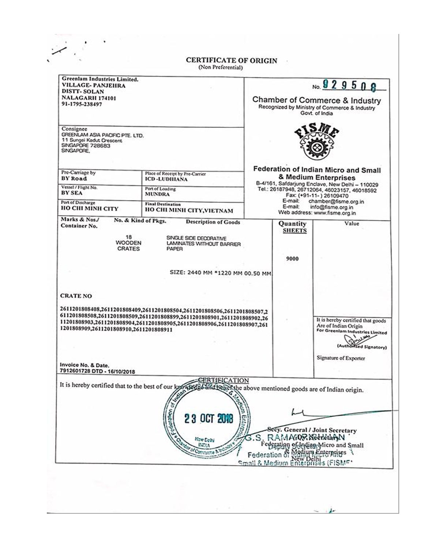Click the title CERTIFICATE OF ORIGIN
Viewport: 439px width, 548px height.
click(x=231, y=61)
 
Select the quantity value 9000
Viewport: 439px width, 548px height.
click(x=292, y=259)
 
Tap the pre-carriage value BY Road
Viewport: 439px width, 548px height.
click(x=74, y=179)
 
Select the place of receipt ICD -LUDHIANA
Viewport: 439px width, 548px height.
click(x=166, y=179)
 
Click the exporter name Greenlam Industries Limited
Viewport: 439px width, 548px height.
click(x=100, y=79)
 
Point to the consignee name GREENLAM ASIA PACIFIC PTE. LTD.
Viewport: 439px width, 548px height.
click(x=102, y=135)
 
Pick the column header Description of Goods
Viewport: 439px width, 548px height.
click(x=213, y=222)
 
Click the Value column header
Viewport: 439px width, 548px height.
click(x=352, y=223)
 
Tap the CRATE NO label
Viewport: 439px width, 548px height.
click(x=76, y=296)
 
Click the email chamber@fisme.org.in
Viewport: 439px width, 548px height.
click(x=336, y=201)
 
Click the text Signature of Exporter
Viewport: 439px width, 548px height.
click(x=341, y=358)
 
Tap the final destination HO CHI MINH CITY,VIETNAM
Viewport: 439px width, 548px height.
click(x=189, y=210)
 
